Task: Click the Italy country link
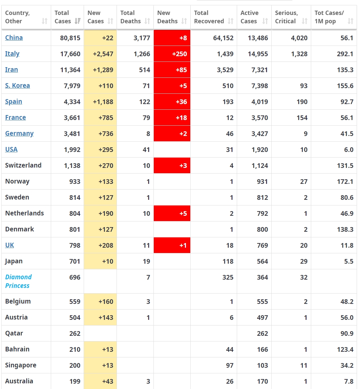coord(12,54)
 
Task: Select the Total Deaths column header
coord(131,17)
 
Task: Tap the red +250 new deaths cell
coord(172,54)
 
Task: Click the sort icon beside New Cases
coord(111,21)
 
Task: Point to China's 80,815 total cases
coord(70,38)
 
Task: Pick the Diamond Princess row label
coord(18,281)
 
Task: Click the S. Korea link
coord(18,86)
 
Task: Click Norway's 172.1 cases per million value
coord(345,182)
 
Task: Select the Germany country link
coord(19,134)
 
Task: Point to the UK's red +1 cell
coord(172,245)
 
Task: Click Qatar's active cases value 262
coord(262,333)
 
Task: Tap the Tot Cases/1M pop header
coord(329,17)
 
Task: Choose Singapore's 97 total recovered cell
coord(229,365)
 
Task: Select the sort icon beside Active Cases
coord(265,21)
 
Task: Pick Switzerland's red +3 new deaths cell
coord(172,166)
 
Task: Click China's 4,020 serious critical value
coord(299,38)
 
